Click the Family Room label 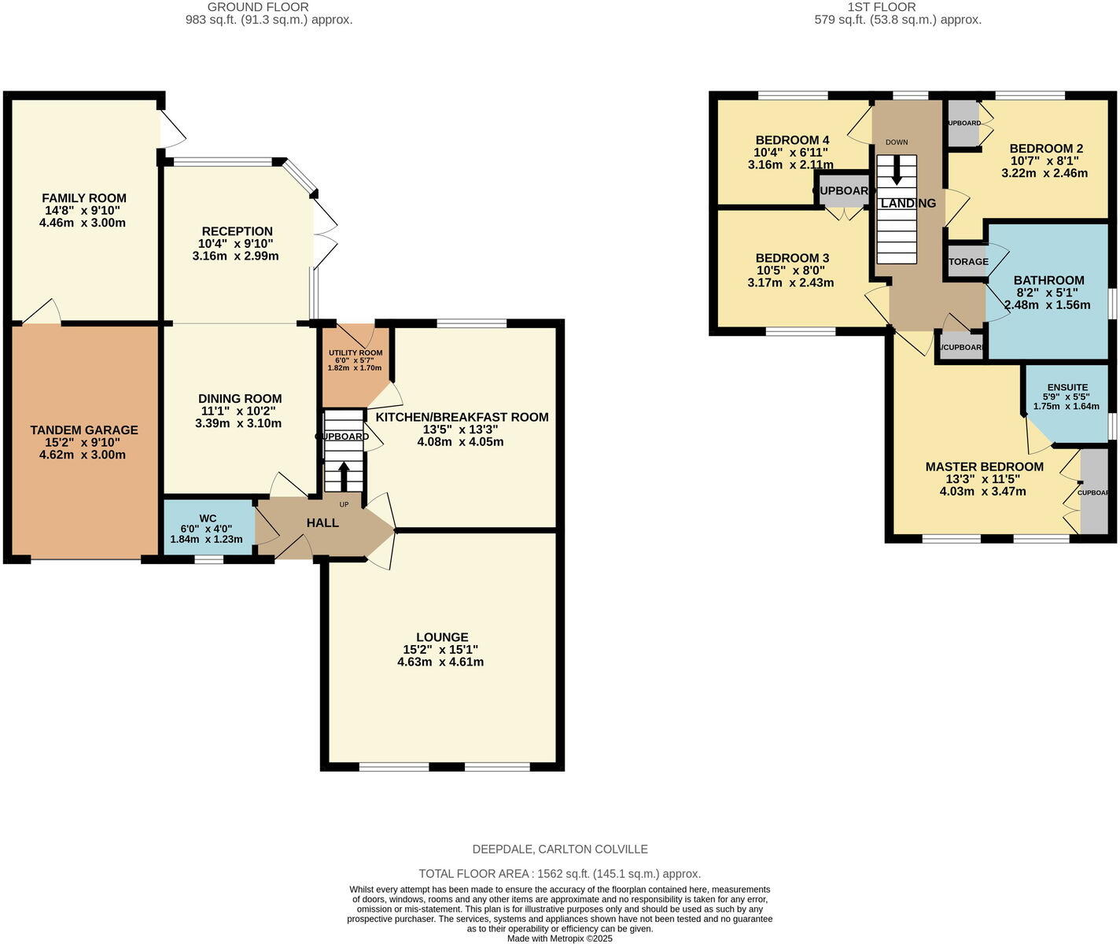tap(83, 198)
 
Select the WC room tap(208, 528)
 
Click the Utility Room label tap(355, 353)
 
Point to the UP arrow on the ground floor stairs tap(344, 475)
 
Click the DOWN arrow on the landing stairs tap(896, 169)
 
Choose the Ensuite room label tap(1067, 387)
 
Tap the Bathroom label tap(1048, 280)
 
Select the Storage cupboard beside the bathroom tap(967, 261)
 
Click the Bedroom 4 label tap(792, 141)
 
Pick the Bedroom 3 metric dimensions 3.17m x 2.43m tap(790, 283)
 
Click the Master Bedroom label tap(984, 466)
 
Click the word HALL tap(322, 522)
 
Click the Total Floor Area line tap(559, 873)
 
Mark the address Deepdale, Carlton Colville tap(559, 849)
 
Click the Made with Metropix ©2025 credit tap(559, 938)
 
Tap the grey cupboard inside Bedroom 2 tap(963, 124)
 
